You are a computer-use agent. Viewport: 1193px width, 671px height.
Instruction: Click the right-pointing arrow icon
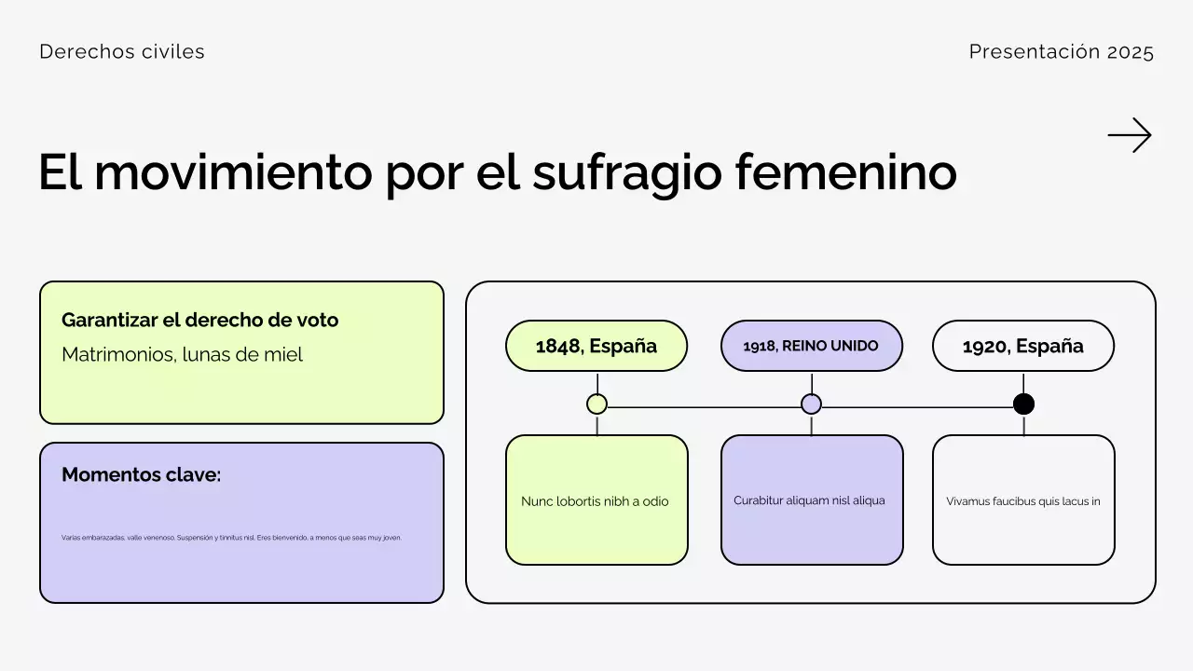(1130, 135)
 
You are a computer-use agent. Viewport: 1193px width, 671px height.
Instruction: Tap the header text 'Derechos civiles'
(122, 52)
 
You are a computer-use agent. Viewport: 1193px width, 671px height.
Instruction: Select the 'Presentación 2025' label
(1061, 52)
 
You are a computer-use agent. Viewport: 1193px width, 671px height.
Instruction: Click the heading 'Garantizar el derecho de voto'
(199, 320)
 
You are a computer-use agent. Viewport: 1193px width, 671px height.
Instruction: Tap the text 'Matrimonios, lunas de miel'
(182, 355)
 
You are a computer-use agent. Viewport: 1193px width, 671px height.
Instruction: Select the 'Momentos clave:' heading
(141, 474)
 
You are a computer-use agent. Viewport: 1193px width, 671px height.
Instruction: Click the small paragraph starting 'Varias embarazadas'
(231, 538)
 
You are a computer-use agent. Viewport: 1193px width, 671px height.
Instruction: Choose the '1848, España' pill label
(596, 346)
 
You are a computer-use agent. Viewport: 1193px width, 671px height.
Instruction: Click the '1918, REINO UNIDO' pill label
(811, 346)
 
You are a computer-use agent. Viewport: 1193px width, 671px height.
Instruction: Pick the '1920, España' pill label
(1022, 346)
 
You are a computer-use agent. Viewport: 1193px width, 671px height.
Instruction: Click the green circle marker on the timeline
(597, 404)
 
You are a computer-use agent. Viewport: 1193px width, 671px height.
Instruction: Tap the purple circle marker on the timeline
(812, 404)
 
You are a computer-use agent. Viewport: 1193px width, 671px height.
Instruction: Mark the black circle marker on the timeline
(1023, 404)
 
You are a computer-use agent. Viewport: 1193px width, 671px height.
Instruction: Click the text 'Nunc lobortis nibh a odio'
(595, 501)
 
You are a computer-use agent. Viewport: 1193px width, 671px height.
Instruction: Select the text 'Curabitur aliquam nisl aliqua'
(809, 500)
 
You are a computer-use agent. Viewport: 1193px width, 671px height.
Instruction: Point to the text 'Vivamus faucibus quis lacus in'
(1023, 501)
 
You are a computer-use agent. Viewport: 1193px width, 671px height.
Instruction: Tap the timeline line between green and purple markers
(704, 407)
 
